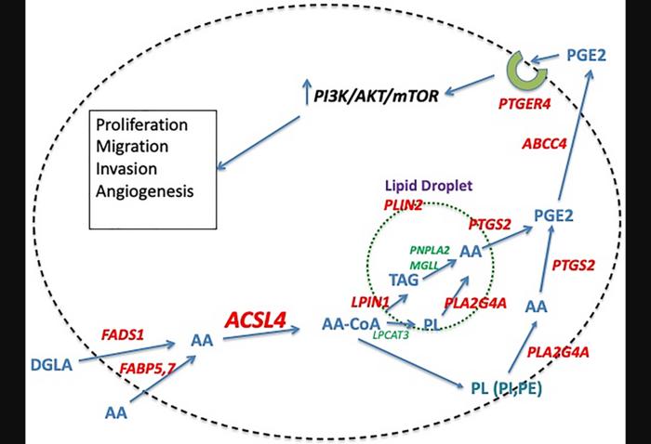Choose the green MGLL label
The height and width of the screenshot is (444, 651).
point(422,264)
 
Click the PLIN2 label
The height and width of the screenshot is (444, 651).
point(403,203)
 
